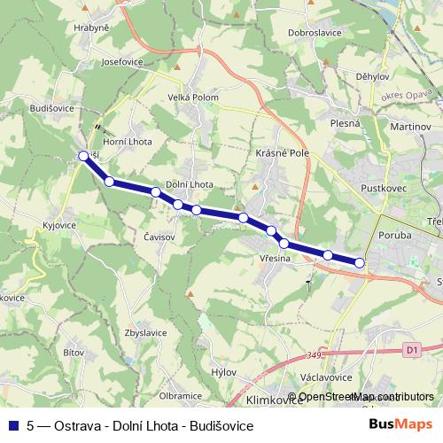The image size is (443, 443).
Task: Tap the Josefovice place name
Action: [122, 62]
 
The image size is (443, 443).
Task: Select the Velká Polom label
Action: [193, 97]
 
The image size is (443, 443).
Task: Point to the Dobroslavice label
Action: [315, 33]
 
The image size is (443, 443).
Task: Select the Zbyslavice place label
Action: [147, 332]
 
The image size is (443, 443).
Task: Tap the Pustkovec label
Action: [383, 189]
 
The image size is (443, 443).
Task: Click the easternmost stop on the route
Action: [360, 262]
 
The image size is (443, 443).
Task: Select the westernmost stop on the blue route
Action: [84, 156]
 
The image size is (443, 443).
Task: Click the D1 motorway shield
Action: [410, 350]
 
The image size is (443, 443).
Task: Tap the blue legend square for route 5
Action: [15, 425]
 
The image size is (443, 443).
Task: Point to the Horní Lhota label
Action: [128, 142]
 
